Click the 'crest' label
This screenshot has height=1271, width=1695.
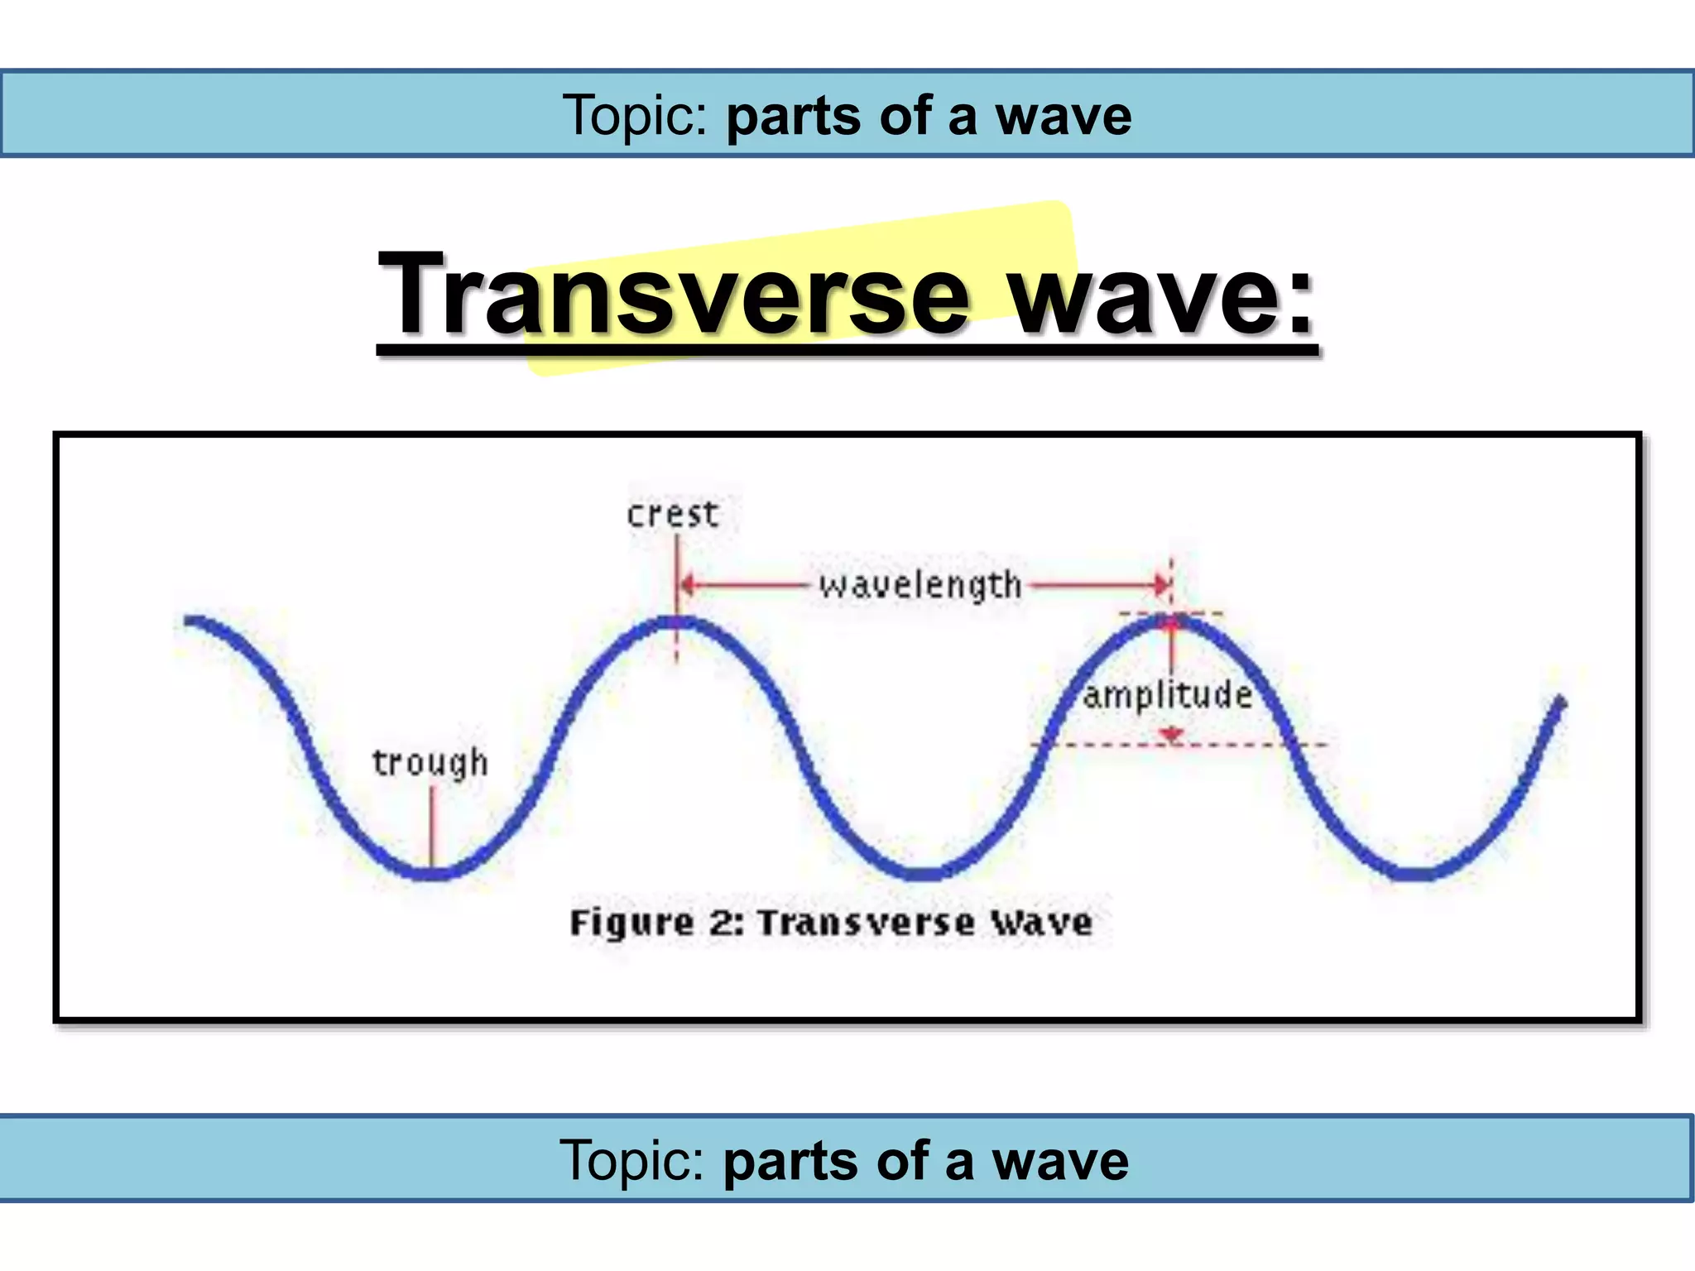coord(672,515)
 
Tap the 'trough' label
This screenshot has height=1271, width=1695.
coord(430,763)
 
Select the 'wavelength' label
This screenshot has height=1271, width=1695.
coord(920,586)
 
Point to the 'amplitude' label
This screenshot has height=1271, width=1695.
coord(1167,695)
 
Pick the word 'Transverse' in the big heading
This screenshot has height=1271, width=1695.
coord(672,295)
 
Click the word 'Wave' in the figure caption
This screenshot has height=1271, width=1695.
coord(1043,923)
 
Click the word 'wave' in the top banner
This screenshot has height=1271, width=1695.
coord(1063,116)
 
